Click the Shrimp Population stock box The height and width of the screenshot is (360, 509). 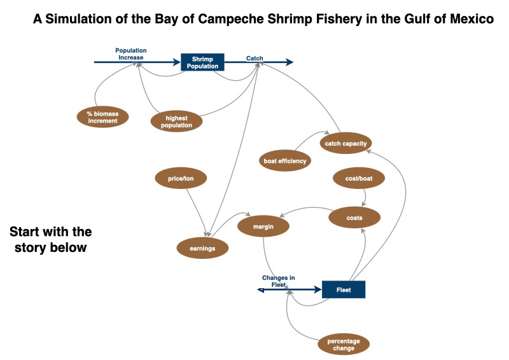pos(202,62)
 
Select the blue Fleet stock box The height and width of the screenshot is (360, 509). pos(344,289)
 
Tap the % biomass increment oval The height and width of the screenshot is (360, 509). pos(102,117)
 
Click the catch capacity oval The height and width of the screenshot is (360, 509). pos(345,143)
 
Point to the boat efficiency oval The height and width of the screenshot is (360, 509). pos(285,161)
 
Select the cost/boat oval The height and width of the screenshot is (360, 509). pos(359,179)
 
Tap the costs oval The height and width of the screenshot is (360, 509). pos(354,218)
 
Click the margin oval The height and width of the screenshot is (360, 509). pos(263,226)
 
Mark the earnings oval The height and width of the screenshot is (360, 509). pos(202,248)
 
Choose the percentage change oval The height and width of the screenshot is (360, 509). pos(344,345)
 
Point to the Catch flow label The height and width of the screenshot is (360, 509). pos(254,59)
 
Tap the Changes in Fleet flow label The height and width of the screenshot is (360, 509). pos(279,281)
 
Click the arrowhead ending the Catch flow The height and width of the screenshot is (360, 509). pos(290,62)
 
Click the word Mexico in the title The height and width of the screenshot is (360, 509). pos(471,20)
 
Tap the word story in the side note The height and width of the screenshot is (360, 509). pos(32,247)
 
